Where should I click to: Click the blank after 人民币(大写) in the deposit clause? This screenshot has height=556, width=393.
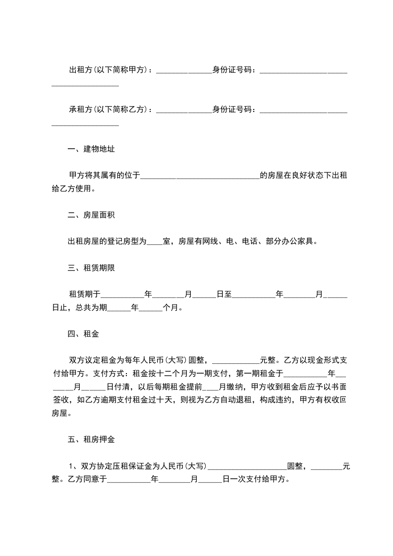point(247,467)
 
